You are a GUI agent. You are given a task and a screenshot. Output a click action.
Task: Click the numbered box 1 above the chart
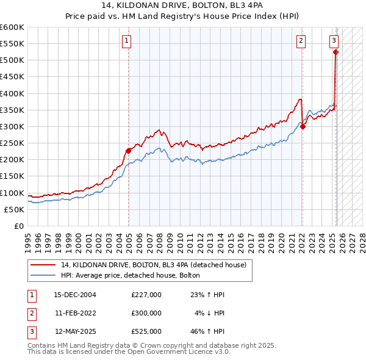126,41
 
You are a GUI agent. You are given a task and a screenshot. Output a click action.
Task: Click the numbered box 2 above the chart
301,41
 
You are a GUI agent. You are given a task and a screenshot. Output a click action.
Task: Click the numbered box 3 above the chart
334,41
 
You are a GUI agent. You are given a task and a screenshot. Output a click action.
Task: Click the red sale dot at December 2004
129,151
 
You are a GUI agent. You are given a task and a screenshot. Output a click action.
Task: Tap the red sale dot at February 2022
303,127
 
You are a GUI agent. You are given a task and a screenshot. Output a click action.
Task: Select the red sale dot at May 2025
336,52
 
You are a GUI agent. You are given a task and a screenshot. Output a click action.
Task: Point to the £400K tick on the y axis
12,93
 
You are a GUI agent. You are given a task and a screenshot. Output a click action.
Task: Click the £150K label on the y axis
12,176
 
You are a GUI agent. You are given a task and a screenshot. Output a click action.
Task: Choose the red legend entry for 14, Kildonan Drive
153,265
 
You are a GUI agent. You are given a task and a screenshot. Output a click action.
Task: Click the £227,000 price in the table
146,295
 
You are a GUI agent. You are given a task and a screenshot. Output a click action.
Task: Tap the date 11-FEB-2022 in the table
75,313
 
